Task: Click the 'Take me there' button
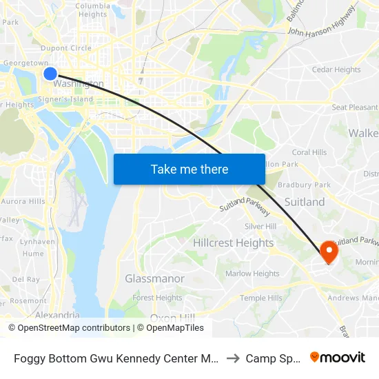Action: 189,170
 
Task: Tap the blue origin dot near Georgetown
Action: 50,74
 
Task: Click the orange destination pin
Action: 328,252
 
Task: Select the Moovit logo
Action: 338,358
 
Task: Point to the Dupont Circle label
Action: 66,48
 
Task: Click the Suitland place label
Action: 305,202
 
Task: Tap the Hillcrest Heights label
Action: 233,243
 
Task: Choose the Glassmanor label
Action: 154,278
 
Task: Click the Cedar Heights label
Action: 336,70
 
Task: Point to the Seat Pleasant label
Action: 354,107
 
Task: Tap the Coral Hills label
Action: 309,152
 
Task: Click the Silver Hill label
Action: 260,227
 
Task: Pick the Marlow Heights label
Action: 253,274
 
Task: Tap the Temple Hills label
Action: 261,298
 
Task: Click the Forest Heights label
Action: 157,298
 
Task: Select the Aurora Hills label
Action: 23,201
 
